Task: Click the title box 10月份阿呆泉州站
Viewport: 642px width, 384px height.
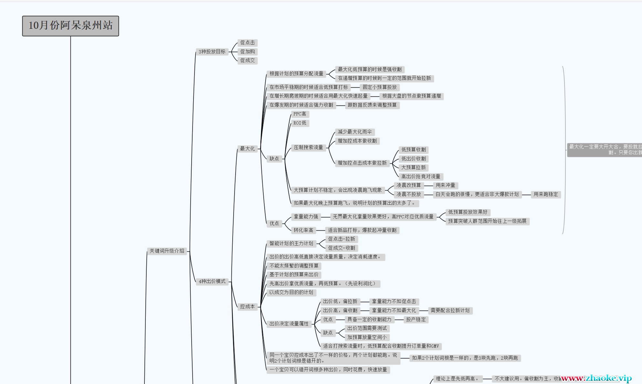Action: (70, 26)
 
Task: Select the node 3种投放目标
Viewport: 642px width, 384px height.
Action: (212, 52)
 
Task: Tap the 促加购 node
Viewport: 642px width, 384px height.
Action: (247, 52)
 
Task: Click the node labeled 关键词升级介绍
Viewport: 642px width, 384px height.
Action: (167, 251)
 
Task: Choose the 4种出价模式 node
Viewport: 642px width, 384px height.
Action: (212, 281)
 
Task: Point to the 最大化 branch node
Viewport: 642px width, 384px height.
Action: (247, 149)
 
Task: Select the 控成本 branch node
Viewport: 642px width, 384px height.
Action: (247, 307)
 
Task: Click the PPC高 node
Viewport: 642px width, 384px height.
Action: (300, 114)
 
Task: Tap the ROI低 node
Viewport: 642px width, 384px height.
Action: (300, 123)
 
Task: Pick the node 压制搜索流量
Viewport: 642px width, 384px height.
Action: (308, 148)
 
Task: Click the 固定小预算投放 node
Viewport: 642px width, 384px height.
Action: (379, 87)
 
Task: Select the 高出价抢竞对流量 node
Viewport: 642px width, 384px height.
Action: (420, 177)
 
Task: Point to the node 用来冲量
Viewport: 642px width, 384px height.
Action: (445, 185)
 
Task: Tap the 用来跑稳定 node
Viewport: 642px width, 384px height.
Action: (545, 194)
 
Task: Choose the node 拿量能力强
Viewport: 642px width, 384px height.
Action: (306, 217)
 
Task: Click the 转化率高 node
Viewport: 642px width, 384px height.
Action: (303, 230)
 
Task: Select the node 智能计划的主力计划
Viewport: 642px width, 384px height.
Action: (291, 244)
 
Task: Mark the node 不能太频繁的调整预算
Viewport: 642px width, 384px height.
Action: (294, 266)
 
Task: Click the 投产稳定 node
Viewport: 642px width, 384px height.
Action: (416, 320)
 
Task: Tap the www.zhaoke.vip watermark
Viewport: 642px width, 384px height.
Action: (596, 378)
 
